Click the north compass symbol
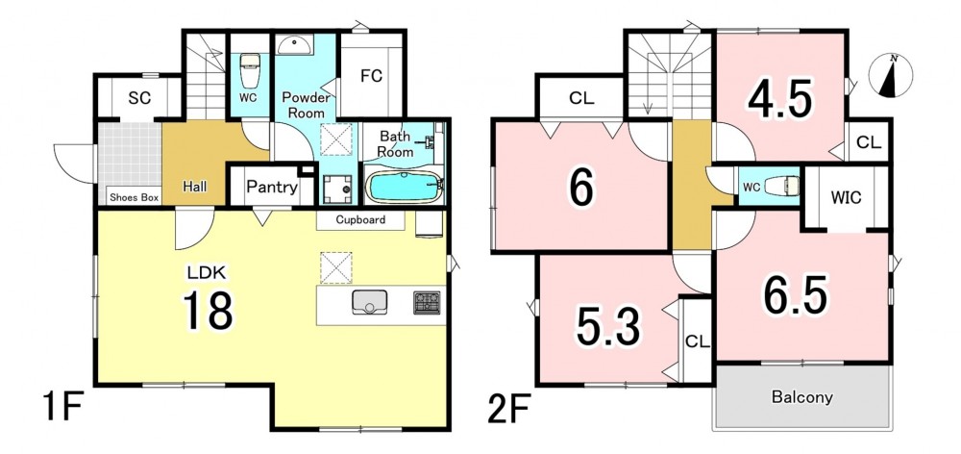[891, 76]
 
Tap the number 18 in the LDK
[208, 310]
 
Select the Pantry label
[272, 188]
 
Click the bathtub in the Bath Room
[403, 188]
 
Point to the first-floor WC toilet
[250, 71]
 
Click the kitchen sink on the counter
[369, 302]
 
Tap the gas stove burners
[427, 302]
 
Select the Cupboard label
[360, 219]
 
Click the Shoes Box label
[135, 197]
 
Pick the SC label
[139, 98]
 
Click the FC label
[371, 76]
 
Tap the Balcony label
[801, 397]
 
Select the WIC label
[847, 197]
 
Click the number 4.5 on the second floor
[779, 99]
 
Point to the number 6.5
[795, 293]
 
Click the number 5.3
[607, 326]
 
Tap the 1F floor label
[62, 408]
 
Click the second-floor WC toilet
[784, 186]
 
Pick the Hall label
[195, 187]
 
